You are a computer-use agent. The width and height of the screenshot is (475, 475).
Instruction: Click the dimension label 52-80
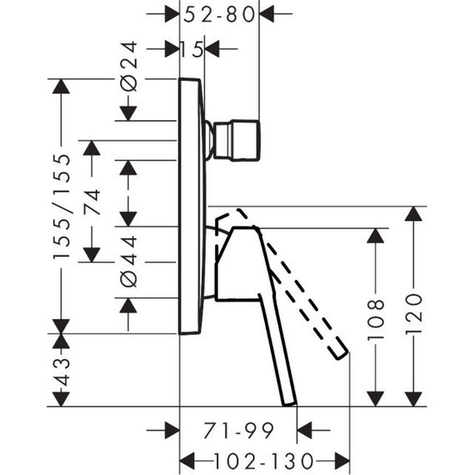(x=219, y=14)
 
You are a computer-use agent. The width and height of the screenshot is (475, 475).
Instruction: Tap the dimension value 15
(x=192, y=49)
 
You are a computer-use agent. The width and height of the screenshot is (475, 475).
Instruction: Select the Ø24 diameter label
(x=128, y=67)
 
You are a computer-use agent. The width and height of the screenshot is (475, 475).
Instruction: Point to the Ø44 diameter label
(x=128, y=261)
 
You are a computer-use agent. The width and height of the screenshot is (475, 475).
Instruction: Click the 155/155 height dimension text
(x=62, y=207)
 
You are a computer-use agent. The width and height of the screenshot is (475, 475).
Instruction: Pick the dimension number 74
(x=92, y=202)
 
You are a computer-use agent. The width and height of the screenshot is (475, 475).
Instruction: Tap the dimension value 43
(x=62, y=372)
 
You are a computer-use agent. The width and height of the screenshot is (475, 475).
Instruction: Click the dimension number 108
(x=376, y=320)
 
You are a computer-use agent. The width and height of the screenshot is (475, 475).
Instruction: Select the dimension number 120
(x=413, y=313)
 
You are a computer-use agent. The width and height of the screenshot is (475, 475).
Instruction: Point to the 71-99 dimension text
(x=238, y=431)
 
